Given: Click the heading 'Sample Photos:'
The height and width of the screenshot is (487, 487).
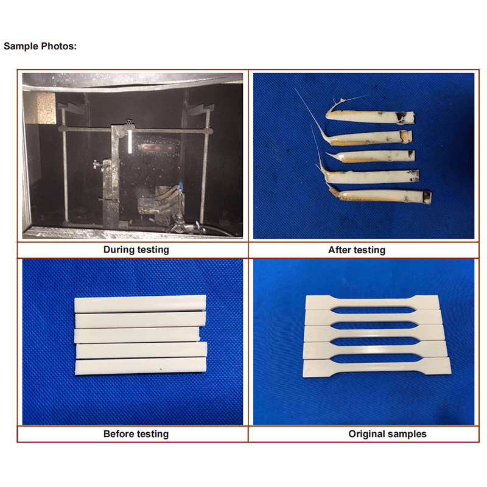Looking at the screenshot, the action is click(x=40, y=46).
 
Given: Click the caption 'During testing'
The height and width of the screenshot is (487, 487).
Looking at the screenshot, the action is click(x=136, y=250).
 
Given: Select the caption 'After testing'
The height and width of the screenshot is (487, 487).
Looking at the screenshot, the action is click(x=357, y=250).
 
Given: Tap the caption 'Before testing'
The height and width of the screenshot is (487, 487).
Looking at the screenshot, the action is click(x=136, y=434).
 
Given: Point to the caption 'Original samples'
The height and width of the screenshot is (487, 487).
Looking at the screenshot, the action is click(x=387, y=434).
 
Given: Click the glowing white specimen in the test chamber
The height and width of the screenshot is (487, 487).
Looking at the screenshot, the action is click(x=130, y=141).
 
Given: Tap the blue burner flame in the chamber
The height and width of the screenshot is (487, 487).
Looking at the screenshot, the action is click(x=180, y=187).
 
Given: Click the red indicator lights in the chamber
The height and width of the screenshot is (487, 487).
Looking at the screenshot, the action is click(x=157, y=148).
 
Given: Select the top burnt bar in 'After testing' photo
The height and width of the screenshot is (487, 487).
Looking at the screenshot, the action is click(x=370, y=116).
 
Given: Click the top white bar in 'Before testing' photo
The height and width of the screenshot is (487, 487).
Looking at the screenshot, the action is click(x=140, y=304).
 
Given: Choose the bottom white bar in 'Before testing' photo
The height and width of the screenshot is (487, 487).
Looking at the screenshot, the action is click(x=141, y=366).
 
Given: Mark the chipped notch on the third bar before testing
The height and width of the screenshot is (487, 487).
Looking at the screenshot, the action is click(x=201, y=336).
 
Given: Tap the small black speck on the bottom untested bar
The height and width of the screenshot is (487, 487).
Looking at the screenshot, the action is click(x=161, y=370).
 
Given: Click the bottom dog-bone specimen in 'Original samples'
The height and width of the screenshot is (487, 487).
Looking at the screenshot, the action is click(x=377, y=368).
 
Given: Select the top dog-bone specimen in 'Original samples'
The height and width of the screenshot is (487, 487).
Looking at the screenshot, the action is click(x=373, y=302).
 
